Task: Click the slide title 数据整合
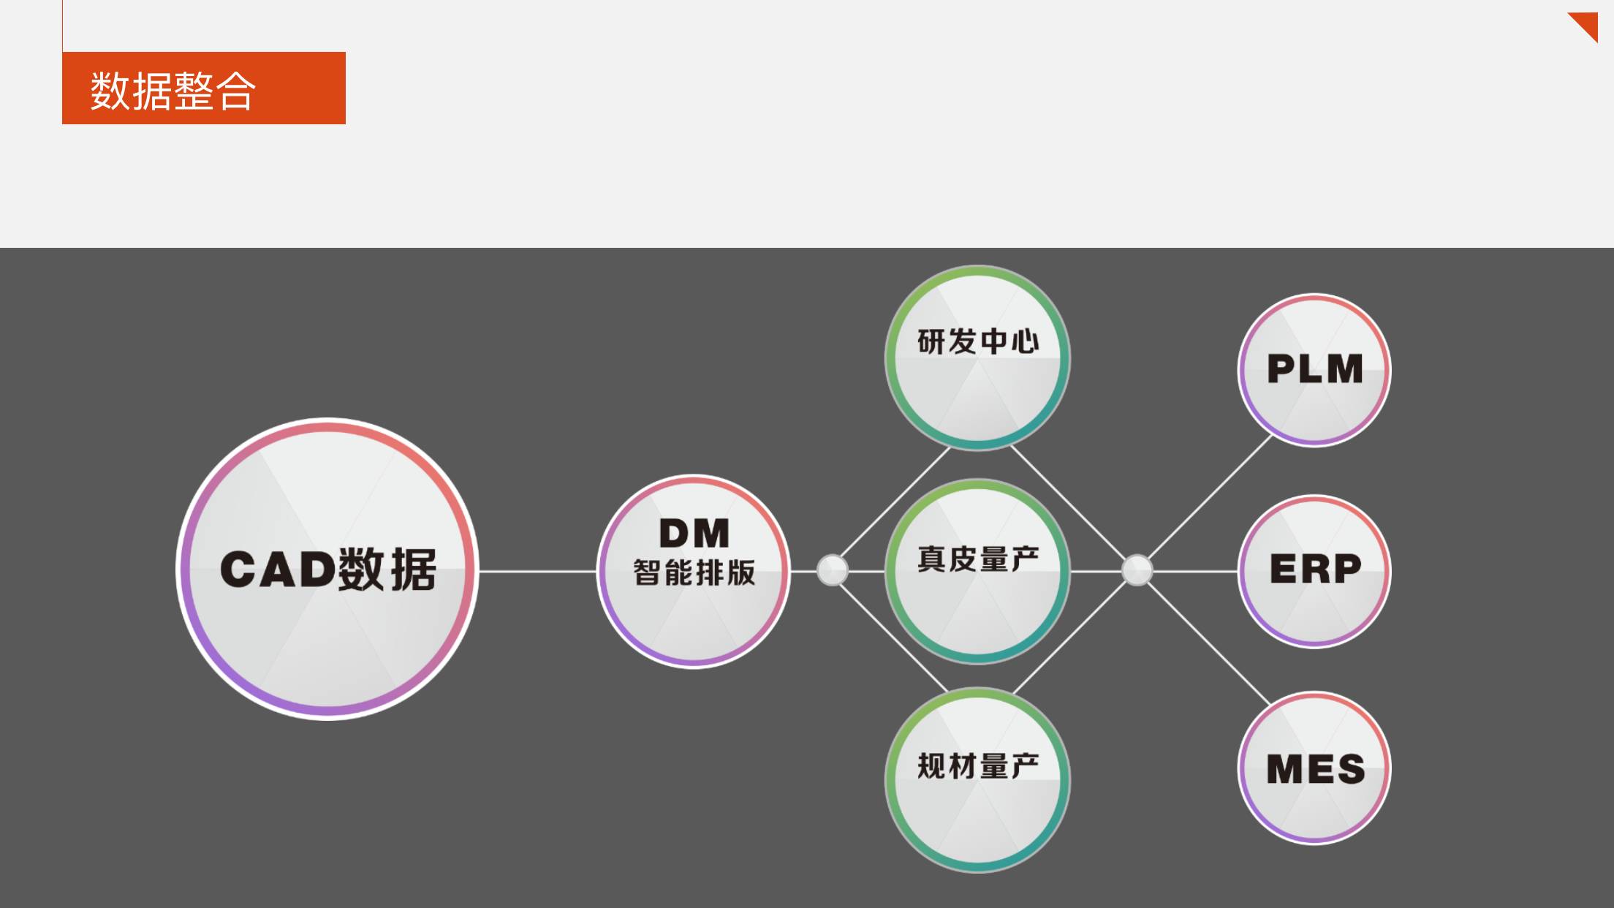click(x=173, y=91)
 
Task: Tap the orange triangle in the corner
click(x=1586, y=24)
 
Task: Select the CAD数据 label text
click(x=328, y=569)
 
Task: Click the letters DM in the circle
click(x=694, y=533)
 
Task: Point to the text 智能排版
click(x=694, y=572)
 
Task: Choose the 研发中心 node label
click(x=978, y=341)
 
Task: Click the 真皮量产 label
click(x=978, y=559)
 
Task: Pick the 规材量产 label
click(x=978, y=766)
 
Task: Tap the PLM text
click(x=1314, y=368)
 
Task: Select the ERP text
click(x=1315, y=569)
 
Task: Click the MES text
click(x=1315, y=769)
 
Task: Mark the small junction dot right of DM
click(x=832, y=570)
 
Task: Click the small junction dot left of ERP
click(x=1137, y=570)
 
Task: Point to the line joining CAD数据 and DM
click(x=537, y=571)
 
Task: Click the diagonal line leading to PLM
click(x=1210, y=497)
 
